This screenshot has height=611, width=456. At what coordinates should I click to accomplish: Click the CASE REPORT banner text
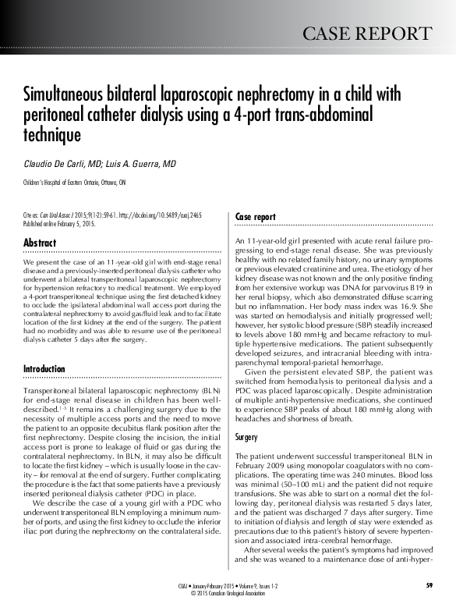[x=366, y=34]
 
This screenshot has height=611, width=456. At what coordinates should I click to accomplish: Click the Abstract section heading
[x=40, y=243]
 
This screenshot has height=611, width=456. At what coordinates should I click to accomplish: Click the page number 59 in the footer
[x=429, y=585]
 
